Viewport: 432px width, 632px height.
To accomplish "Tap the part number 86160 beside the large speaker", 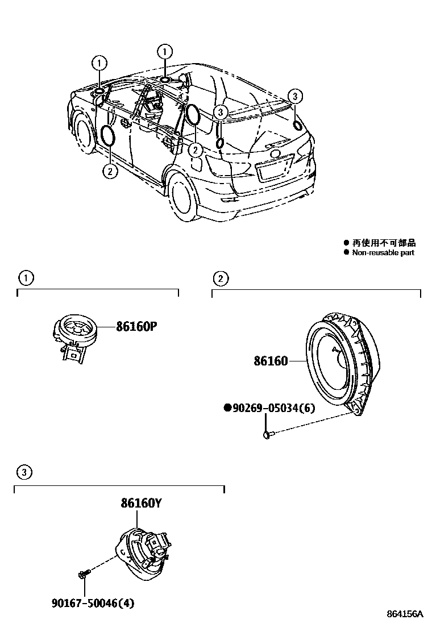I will tap(271, 361).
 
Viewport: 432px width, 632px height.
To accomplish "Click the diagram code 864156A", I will tap(405, 614).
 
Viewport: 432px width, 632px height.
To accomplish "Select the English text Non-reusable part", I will tap(383, 252).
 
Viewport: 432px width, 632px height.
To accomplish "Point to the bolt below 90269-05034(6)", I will tap(268, 435).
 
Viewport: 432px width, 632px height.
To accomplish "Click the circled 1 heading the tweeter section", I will tap(25, 278).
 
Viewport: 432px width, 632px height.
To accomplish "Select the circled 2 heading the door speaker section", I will tap(219, 278).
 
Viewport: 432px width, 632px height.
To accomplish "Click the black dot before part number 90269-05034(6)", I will tap(227, 408).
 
